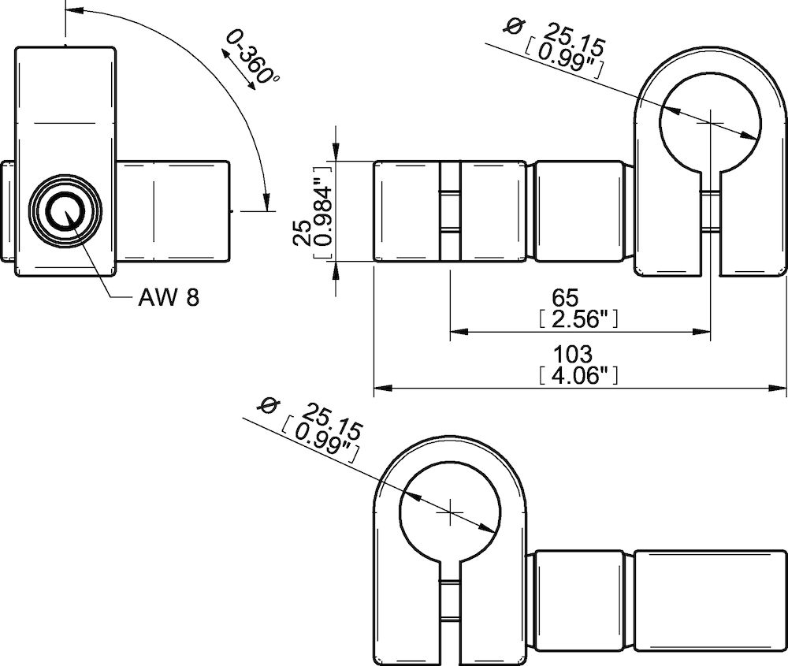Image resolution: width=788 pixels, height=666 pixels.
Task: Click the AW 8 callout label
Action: (x=169, y=297)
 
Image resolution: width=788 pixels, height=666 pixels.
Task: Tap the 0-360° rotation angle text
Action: (x=253, y=60)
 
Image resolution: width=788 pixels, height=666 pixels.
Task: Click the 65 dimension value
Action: (x=565, y=298)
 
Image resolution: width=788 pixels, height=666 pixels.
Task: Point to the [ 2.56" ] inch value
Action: (x=576, y=318)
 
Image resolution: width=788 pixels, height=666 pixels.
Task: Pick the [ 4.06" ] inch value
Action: (x=576, y=375)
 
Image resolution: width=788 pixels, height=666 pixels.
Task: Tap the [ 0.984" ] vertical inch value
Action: (x=323, y=211)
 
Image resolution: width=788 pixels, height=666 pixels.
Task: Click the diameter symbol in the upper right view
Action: (x=513, y=26)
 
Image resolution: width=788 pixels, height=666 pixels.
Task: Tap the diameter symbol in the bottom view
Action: (x=269, y=407)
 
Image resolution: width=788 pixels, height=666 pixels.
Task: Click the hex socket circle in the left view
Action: (x=65, y=212)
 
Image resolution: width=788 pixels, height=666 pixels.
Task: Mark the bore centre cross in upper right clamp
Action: (x=711, y=121)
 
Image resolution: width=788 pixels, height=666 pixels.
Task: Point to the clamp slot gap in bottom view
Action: (x=449, y=623)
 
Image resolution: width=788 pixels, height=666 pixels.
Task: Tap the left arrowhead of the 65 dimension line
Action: (x=455, y=332)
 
